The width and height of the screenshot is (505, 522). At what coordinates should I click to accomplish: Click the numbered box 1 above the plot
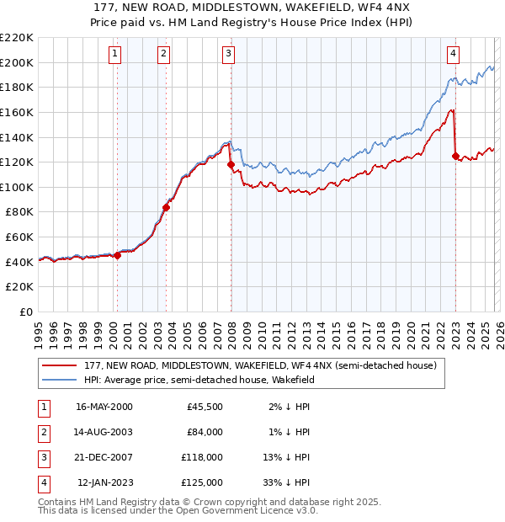115,54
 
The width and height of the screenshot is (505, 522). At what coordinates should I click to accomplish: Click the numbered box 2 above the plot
163,54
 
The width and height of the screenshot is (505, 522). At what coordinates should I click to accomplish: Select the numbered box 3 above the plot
228,54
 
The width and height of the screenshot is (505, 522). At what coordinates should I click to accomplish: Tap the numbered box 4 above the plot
453,54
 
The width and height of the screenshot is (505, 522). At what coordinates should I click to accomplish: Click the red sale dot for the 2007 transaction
231,165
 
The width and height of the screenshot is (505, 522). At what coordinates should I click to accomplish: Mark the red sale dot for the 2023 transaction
455,156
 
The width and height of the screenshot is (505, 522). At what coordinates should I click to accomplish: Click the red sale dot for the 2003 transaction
166,207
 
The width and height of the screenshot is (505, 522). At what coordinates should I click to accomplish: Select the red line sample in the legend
60,366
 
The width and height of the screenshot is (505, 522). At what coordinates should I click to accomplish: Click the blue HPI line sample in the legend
60,381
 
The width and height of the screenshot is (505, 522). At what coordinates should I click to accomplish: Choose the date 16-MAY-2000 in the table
104,407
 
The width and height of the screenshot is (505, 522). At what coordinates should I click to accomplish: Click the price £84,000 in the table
205,432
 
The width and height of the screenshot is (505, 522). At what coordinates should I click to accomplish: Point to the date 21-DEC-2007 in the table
104,457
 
